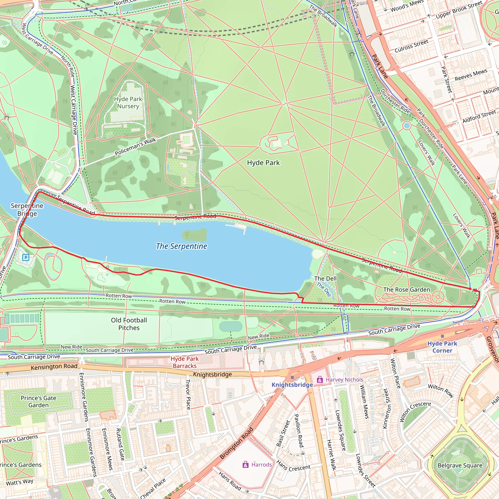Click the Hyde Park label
coord(263,163)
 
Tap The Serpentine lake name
coord(181,246)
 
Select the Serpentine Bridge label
coord(27,210)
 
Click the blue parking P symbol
coord(26,257)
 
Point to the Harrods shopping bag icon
coord(245,465)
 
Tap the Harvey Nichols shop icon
coord(320,380)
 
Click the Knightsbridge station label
coord(292,385)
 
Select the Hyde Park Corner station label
coord(442,347)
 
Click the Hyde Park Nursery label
coord(128,103)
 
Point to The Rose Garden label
coord(407,289)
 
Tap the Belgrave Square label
coord(460,465)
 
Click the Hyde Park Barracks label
coord(185,362)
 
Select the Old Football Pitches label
coord(129,324)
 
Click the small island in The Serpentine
coord(195,235)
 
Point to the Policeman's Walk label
coord(136,146)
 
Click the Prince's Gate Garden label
coord(38,401)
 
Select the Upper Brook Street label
coord(459,10)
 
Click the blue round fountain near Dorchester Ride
coord(407,126)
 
